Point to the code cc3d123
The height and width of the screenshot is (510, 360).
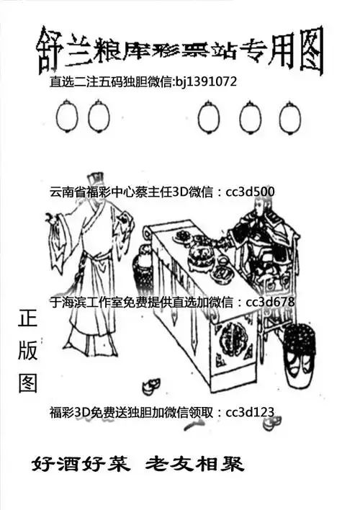tap(250, 412)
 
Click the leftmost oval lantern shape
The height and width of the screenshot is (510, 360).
tap(66, 115)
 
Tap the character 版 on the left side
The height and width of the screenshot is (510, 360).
tap(27, 350)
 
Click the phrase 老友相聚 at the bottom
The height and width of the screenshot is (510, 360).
tap(194, 463)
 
